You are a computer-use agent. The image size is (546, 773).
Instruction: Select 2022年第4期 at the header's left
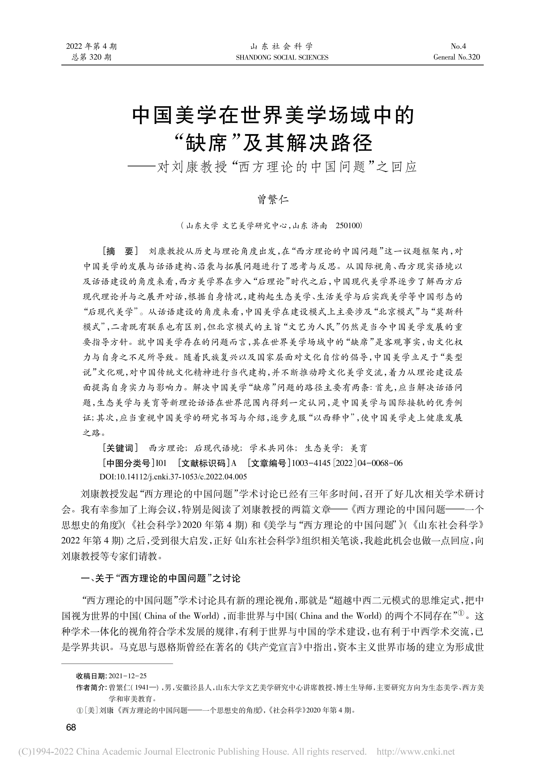click(91, 46)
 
